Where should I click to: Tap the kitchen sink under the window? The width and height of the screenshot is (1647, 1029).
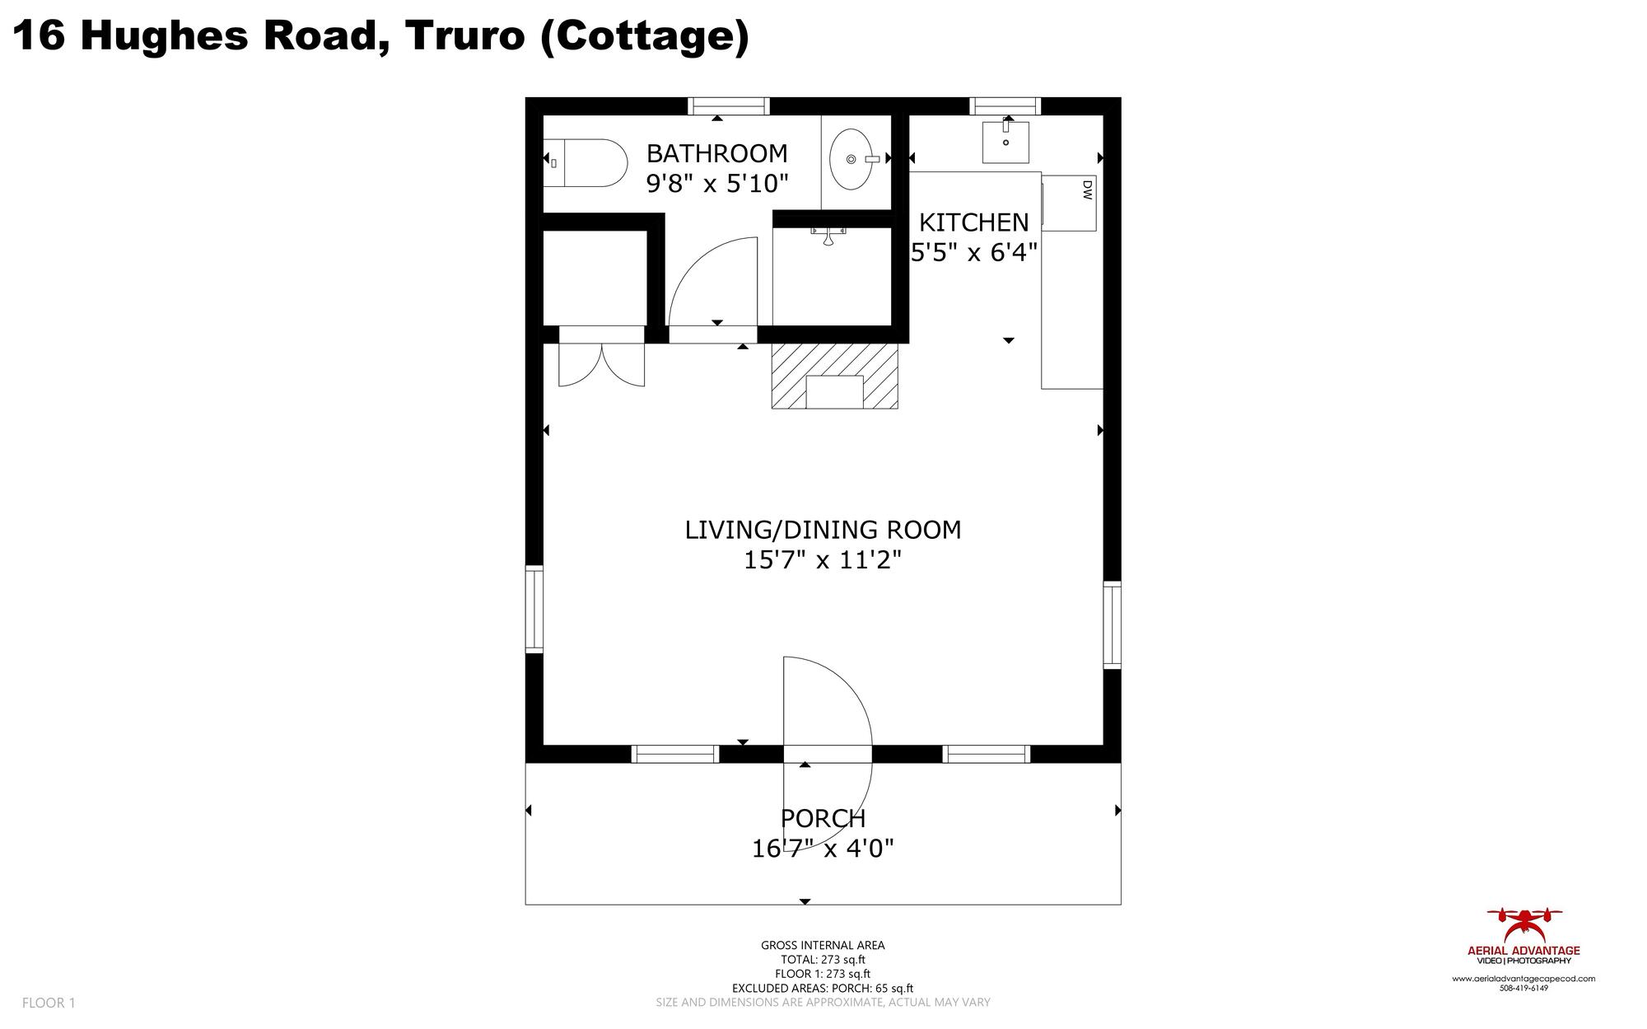click(x=1005, y=143)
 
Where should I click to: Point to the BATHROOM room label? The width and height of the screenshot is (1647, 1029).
click(x=716, y=153)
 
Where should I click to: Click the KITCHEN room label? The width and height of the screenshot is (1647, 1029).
click(x=973, y=222)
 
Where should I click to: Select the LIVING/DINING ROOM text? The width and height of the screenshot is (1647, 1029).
click(x=823, y=530)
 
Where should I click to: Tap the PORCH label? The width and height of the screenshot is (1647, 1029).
click(x=823, y=819)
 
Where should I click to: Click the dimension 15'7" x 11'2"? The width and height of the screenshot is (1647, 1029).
click(x=823, y=560)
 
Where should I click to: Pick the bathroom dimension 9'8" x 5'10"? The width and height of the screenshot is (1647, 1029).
click(x=717, y=183)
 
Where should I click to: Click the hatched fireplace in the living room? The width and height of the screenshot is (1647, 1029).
click(x=834, y=376)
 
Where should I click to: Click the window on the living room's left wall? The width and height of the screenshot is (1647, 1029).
click(x=534, y=610)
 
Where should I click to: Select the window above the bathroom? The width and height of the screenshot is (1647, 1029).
click(x=729, y=106)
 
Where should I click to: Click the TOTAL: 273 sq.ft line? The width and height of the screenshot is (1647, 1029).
click(x=823, y=960)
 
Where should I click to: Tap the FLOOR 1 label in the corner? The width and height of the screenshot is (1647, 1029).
click(x=49, y=1003)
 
